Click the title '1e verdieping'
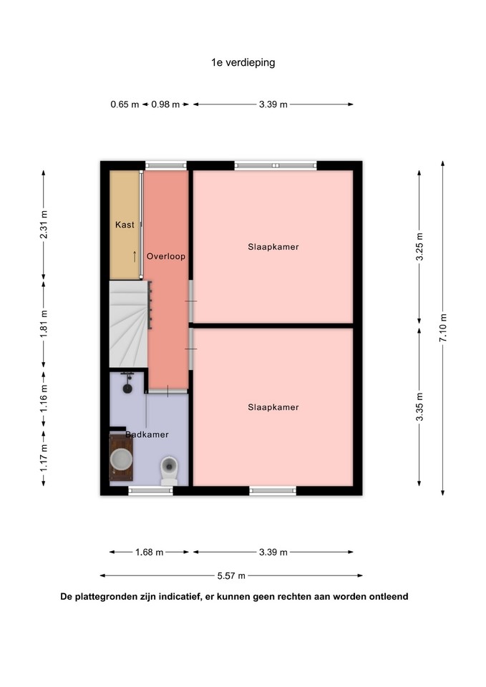pos(243,63)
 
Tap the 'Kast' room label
pos(125,225)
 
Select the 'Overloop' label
pos(165,256)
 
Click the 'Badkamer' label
pos(147,434)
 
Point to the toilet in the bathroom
pos(169,471)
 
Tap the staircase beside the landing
pos(128,324)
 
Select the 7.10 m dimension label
pos(443,328)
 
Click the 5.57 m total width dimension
pos(231,575)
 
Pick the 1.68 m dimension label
pos(149,552)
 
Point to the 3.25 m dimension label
pos(419,246)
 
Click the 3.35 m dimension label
pos(419,407)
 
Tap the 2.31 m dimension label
pos(44,225)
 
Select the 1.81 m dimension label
pos(44,324)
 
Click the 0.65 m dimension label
pos(125,104)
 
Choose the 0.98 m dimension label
pos(165,104)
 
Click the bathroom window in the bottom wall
pos(150,491)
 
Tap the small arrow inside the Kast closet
pos(135,256)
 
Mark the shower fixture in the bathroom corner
pos(127,383)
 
